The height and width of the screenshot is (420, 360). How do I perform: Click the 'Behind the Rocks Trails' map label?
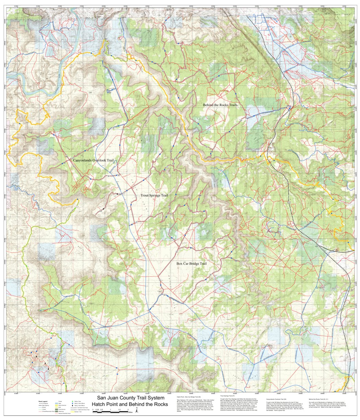pos(220,105)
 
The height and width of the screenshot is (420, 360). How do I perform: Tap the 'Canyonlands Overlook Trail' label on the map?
pos(93,160)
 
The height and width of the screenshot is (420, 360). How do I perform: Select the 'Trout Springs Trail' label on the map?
pos(154,195)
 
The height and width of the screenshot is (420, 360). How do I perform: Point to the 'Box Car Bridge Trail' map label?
pos(192,264)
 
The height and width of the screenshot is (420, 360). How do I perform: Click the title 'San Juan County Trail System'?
pos(131,398)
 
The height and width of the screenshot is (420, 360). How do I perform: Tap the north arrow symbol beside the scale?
pos(137,411)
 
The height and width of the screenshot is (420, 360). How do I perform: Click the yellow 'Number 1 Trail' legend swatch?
pos(73,412)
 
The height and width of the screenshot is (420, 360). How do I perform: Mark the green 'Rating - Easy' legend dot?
pos(73,401)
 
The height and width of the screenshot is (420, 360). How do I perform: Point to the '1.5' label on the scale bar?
pos(119,410)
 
